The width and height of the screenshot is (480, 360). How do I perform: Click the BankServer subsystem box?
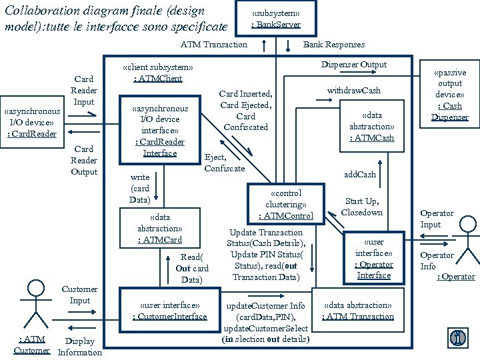275,19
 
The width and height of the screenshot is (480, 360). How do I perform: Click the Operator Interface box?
373,258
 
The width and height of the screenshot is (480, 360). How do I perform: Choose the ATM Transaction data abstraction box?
358,311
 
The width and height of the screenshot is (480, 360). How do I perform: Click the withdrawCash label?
353,91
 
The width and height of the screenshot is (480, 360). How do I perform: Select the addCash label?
360,174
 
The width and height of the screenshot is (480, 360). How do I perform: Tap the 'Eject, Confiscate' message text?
224,163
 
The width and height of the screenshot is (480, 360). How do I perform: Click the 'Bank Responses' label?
334,45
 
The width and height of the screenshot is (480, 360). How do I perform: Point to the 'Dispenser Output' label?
353,65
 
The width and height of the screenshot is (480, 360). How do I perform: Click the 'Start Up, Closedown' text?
362,206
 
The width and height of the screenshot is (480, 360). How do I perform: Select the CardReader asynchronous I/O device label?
32,123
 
